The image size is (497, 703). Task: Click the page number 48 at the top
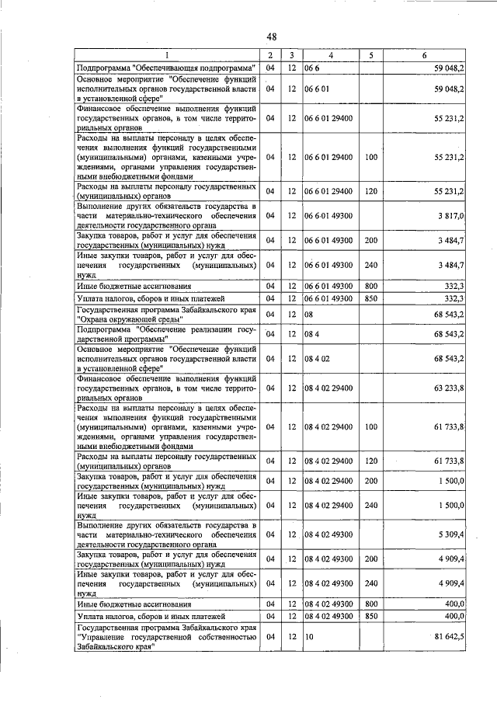click(x=271, y=37)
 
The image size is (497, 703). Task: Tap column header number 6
click(x=424, y=55)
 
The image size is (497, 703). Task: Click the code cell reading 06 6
click(x=312, y=68)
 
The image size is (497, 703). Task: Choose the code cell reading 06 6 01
click(x=318, y=89)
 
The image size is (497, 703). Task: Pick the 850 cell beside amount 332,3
click(x=370, y=298)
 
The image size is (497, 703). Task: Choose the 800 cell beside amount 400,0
click(x=370, y=603)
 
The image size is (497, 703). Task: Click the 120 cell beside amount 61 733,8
click(x=370, y=461)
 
